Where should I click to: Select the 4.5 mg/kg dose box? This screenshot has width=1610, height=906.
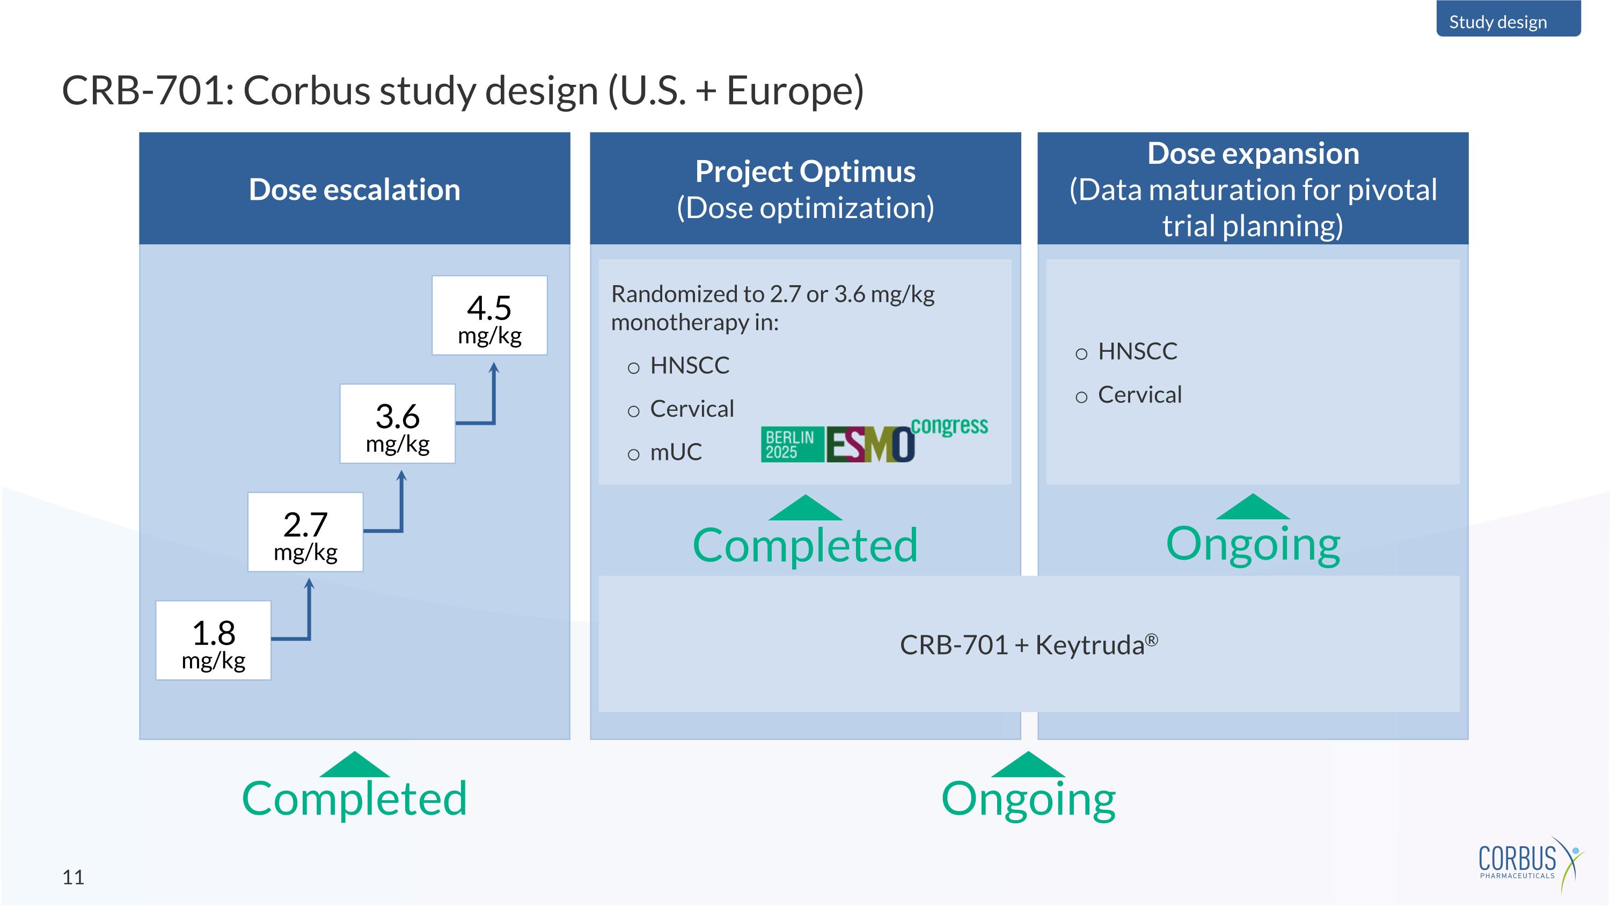[x=489, y=316]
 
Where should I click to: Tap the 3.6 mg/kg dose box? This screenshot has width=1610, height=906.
[x=398, y=424]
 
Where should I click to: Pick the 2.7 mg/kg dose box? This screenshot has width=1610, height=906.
[x=305, y=532]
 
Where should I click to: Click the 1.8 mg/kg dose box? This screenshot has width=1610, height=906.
[x=213, y=640]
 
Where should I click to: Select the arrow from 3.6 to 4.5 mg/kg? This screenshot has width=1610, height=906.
[x=493, y=400]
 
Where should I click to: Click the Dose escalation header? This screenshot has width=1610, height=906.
[x=354, y=190]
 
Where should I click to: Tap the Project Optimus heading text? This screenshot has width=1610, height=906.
[x=805, y=171]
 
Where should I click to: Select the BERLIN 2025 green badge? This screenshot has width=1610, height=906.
[x=791, y=445]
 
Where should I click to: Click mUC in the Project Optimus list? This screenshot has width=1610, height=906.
[x=676, y=452]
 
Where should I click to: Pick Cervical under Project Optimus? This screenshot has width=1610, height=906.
[x=691, y=409]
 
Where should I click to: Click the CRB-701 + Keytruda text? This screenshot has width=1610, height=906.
[x=1028, y=644]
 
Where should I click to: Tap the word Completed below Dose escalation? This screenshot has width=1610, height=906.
[x=354, y=799]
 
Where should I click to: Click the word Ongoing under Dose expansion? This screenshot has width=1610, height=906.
[x=1253, y=544]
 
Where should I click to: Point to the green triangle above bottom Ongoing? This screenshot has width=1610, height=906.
[x=1028, y=765]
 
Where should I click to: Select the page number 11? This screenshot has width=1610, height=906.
[x=73, y=877]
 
